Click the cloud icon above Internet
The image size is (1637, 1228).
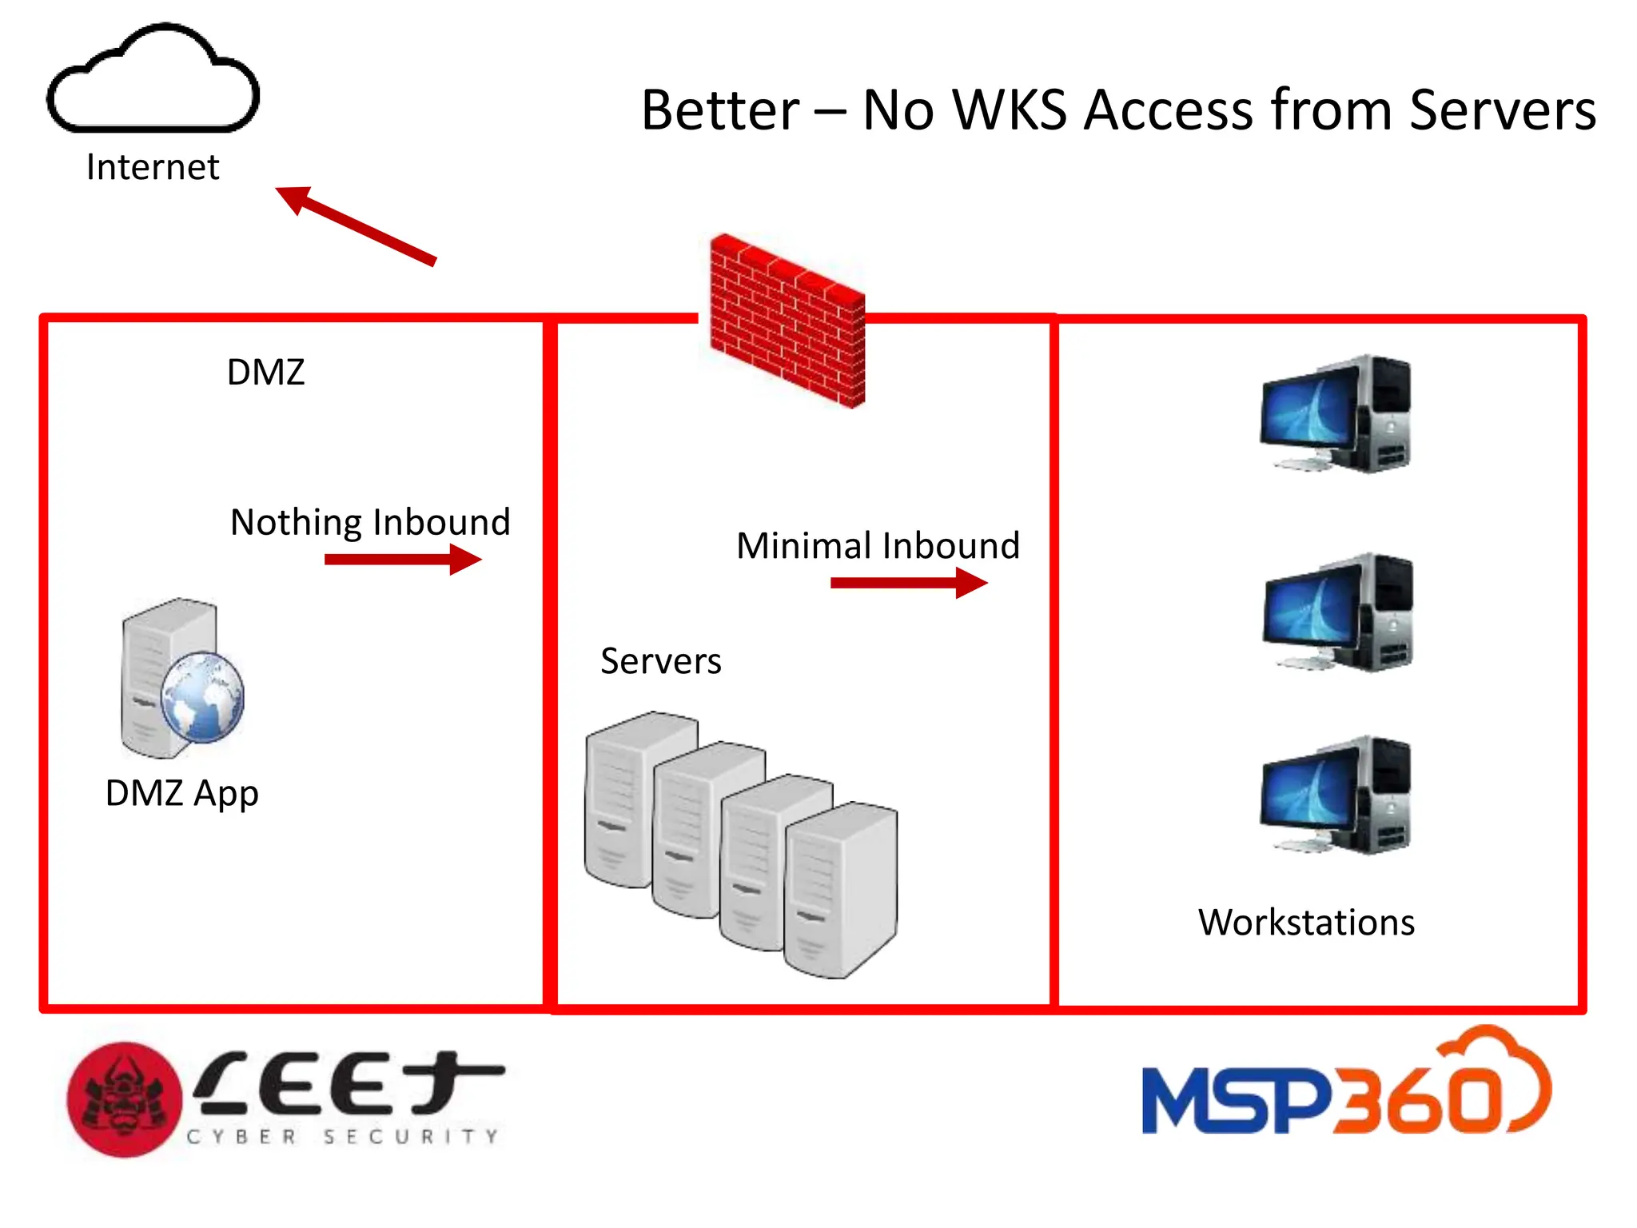tap(153, 80)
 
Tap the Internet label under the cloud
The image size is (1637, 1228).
tap(153, 167)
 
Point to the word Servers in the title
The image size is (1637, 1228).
tap(1502, 110)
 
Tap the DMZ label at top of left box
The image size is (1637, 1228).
tap(265, 373)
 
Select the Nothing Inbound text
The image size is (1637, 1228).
tap(370, 522)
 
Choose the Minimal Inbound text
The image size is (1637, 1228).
tap(878, 546)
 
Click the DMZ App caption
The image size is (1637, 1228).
tap(182, 793)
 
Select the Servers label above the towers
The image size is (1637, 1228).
tap(660, 661)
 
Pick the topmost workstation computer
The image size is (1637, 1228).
tap(1335, 414)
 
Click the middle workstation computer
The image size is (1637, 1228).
tap(1336, 612)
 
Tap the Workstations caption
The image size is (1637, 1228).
tap(1306, 923)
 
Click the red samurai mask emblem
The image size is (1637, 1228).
tap(125, 1099)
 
